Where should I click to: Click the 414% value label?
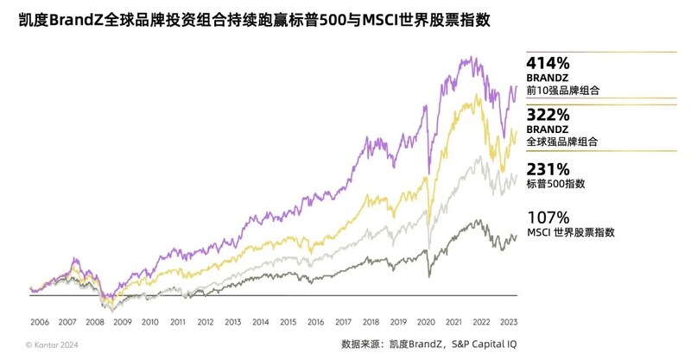coord(546,62)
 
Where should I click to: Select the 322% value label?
coord(546,114)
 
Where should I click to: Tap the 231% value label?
coord(546,168)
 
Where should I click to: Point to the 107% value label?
coord(546,218)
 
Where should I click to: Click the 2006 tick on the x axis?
coord(40,321)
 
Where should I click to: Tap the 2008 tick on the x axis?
coord(95,321)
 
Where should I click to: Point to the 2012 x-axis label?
coord(206,321)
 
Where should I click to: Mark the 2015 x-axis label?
coord(288,321)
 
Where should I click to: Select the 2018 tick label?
coord(371,321)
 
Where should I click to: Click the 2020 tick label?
coord(427,321)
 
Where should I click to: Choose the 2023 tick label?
coord(510,321)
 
